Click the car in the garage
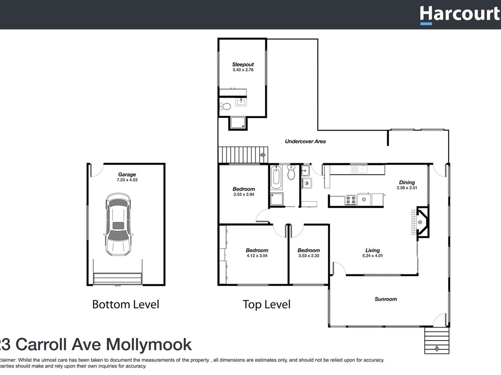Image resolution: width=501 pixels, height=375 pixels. (x=118, y=224)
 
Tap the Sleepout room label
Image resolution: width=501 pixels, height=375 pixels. (x=243, y=64)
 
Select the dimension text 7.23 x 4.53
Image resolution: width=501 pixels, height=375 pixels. (x=127, y=180)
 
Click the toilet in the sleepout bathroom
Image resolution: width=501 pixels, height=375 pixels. (x=225, y=106)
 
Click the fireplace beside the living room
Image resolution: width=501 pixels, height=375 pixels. (x=422, y=222)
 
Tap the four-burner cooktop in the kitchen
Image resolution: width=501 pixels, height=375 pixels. (x=351, y=200)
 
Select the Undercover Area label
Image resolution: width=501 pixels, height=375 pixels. (x=305, y=141)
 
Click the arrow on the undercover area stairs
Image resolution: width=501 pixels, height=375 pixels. (x=262, y=155)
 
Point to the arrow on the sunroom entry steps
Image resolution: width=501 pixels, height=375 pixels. (x=437, y=348)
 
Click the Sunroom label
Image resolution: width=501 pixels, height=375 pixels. (x=386, y=299)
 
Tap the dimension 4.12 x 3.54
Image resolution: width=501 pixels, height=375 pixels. (x=257, y=256)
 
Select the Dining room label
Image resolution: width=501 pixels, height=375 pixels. (x=407, y=182)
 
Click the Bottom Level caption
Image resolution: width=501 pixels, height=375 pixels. (x=126, y=304)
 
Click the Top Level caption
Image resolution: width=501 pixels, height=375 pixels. (x=266, y=304)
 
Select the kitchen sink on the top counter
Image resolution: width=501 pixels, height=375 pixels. (x=359, y=169)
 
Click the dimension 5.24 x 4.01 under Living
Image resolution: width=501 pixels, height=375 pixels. (x=372, y=256)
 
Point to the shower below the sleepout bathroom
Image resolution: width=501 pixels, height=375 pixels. (x=238, y=123)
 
